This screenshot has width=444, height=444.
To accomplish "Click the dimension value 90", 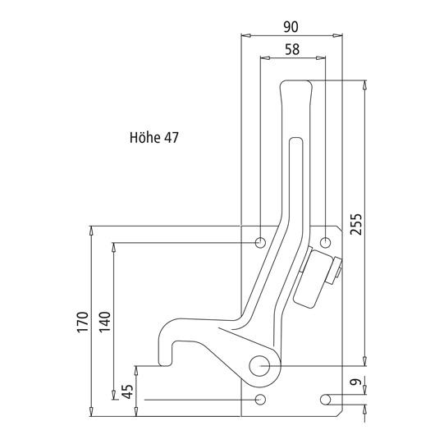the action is pyautogui.click(x=291, y=27).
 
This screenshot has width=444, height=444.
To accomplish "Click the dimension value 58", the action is pyautogui.click(x=292, y=49).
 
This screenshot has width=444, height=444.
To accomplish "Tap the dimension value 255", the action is pyautogui.click(x=356, y=224).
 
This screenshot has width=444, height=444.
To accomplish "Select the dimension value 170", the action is pyautogui.click(x=83, y=323).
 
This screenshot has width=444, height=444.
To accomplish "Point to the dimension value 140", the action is pyautogui.click(x=105, y=322).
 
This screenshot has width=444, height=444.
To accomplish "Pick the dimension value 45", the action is pyautogui.click(x=128, y=391).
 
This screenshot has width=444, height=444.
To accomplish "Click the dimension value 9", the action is pyautogui.click(x=356, y=382).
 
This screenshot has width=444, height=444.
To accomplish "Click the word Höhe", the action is pyautogui.click(x=144, y=138).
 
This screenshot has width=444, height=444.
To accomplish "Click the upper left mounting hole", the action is pyautogui.click(x=260, y=242).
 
